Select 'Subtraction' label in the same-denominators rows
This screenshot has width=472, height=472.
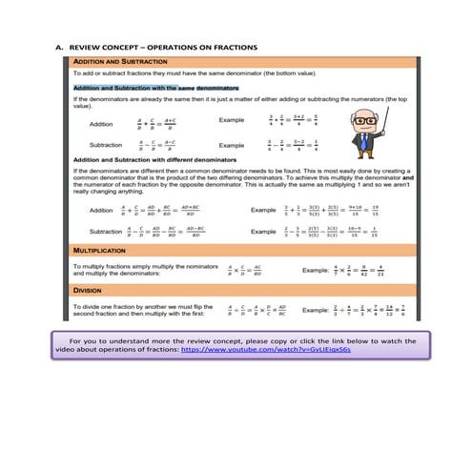[104, 146]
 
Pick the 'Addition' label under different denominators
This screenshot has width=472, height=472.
[100, 210]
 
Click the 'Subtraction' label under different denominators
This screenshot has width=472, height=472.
[105, 232]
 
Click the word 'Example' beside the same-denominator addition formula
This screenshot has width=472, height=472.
[233, 121]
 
